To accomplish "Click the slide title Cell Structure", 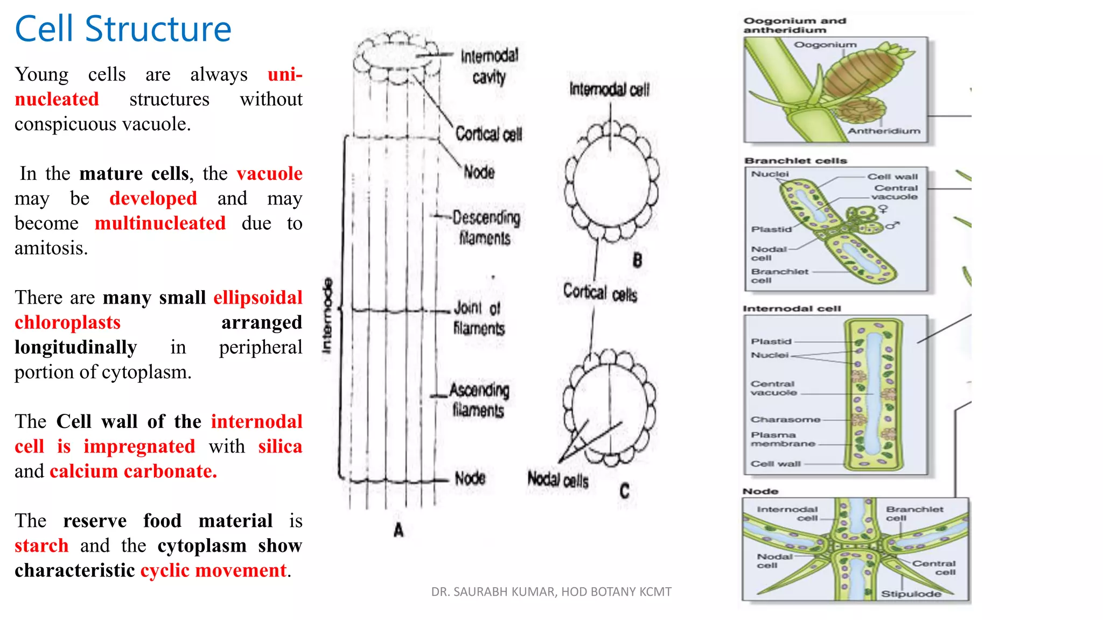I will click(123, 29).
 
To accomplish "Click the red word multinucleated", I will click(160, 223).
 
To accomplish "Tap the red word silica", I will click(280, 446).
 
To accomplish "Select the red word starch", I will click(41, 545).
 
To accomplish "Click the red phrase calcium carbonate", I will click(133, 471).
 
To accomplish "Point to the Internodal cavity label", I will click(489, 66).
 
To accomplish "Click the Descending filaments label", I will click(486, 227).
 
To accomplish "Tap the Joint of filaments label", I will click(478, 318).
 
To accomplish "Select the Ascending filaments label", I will click(479, 399).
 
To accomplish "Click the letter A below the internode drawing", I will click(399, 530).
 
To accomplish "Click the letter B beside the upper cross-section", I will click(637, 260).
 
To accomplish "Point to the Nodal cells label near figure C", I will click(557, 479).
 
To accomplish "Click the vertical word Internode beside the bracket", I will click(327, 316).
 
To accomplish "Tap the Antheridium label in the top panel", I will click(884, 131).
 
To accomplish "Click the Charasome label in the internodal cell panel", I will click(785, 419).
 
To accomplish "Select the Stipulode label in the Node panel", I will click(911, 594).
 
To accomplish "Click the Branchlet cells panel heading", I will click(795, 160).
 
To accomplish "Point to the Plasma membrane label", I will click(783, 439).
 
